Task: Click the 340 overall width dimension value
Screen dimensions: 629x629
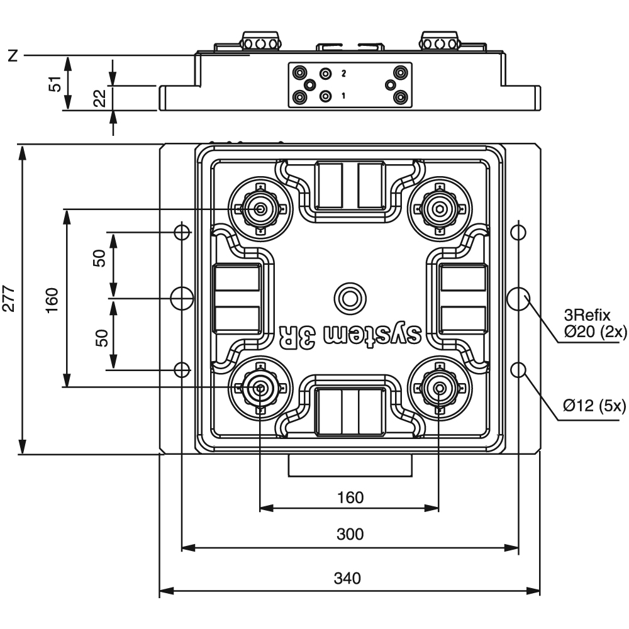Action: pos(347,578)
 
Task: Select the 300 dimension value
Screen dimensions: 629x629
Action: pos(350,534)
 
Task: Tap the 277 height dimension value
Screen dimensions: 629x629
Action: pos(9,299)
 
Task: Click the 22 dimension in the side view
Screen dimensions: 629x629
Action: pos(100,98)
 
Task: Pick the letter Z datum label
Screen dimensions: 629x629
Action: pos(13,56)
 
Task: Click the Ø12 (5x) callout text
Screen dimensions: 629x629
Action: pos(594,406)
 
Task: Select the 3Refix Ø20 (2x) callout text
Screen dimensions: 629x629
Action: pos(595,323)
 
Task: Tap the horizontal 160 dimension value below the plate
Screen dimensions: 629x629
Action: pos(350,498)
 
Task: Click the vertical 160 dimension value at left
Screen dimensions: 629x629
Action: pos(52,301)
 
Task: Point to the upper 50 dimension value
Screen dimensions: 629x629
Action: pos(99,258)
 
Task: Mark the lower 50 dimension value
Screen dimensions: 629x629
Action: pos(103,338)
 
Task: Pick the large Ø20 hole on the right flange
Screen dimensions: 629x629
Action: pos(518,298)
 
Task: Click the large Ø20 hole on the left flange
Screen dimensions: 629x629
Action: pos(182,298)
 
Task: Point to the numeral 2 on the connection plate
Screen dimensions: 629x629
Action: pos(343,74)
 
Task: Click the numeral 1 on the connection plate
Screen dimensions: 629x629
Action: pos(343,96)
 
